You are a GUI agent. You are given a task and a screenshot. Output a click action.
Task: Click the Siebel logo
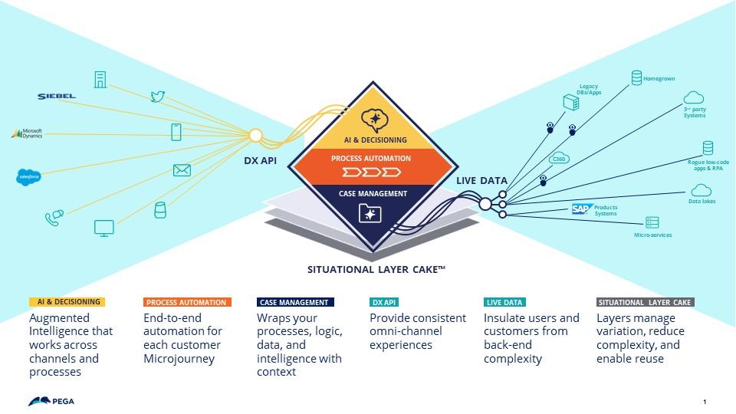point(57,96)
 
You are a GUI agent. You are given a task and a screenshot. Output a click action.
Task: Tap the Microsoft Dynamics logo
point(27,133)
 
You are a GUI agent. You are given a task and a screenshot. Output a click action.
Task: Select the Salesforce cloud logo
point(28,176)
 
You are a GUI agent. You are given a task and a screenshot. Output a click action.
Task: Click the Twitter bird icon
point(158,97)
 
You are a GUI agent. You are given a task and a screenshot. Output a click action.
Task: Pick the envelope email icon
point(182,171)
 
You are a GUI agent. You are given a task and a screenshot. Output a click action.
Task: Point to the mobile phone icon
point(176,132)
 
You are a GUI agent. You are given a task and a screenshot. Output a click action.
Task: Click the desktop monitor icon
point(103,228)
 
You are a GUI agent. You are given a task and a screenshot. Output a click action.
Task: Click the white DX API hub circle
point(255,136)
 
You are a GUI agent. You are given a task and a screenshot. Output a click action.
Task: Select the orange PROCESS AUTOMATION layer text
point(371,158)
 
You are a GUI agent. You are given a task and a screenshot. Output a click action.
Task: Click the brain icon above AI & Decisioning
point(373,120)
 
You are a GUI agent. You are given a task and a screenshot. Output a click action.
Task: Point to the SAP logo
point(580,209)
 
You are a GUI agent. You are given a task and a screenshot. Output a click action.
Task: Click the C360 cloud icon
point(560,159)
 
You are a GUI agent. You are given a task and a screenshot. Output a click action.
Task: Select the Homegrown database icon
point(636,77)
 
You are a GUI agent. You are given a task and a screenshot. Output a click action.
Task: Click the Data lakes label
point(701,202)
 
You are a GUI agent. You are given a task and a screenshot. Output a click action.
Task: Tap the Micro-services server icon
point(652,222)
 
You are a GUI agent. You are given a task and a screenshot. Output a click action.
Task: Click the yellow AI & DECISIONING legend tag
point(66,302)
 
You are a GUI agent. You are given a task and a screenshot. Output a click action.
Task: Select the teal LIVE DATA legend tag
point(504,302)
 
